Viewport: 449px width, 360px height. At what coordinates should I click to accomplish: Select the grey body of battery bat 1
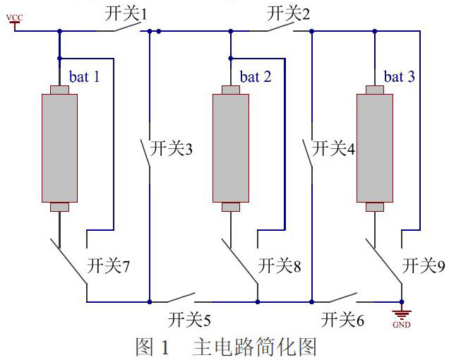(59, 148)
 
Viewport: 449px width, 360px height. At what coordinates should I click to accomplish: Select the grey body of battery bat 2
(231, 148)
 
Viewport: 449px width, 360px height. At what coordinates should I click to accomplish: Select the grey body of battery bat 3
(374, 148)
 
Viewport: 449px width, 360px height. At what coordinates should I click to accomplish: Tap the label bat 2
(256, 76)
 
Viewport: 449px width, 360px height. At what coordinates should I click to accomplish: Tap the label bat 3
(399, 76)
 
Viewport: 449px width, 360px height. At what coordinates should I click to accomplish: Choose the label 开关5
(190, 320)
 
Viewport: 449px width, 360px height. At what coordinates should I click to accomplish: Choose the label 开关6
(342, 320)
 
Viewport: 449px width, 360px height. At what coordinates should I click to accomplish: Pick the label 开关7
(108, 266)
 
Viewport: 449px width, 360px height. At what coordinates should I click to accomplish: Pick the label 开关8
(280, 266)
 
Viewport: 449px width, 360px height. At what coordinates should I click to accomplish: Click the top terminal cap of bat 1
(59, 90)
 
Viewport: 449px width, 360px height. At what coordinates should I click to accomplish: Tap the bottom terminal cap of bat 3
(374, 207)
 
